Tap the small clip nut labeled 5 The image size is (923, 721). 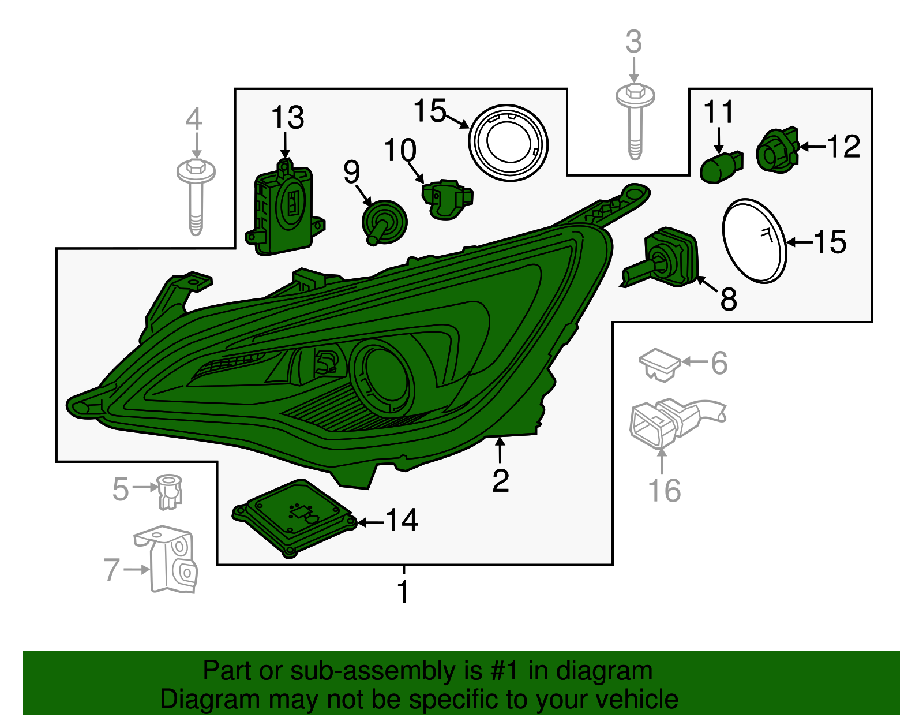click(170, 492)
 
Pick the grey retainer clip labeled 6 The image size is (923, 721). click(659, 365)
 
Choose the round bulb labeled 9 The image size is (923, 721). click(384, 222)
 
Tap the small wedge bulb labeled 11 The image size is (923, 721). click(721, 167)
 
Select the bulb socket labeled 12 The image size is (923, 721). click(777, 151)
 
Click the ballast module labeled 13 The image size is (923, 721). click(284, 208)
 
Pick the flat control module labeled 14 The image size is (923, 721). click(295, 518)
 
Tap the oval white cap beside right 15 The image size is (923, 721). click(755, 241)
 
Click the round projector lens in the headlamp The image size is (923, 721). click(381, 378)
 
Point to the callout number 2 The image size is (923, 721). click(500, 481)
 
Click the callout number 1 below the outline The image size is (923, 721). click(403, 592)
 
